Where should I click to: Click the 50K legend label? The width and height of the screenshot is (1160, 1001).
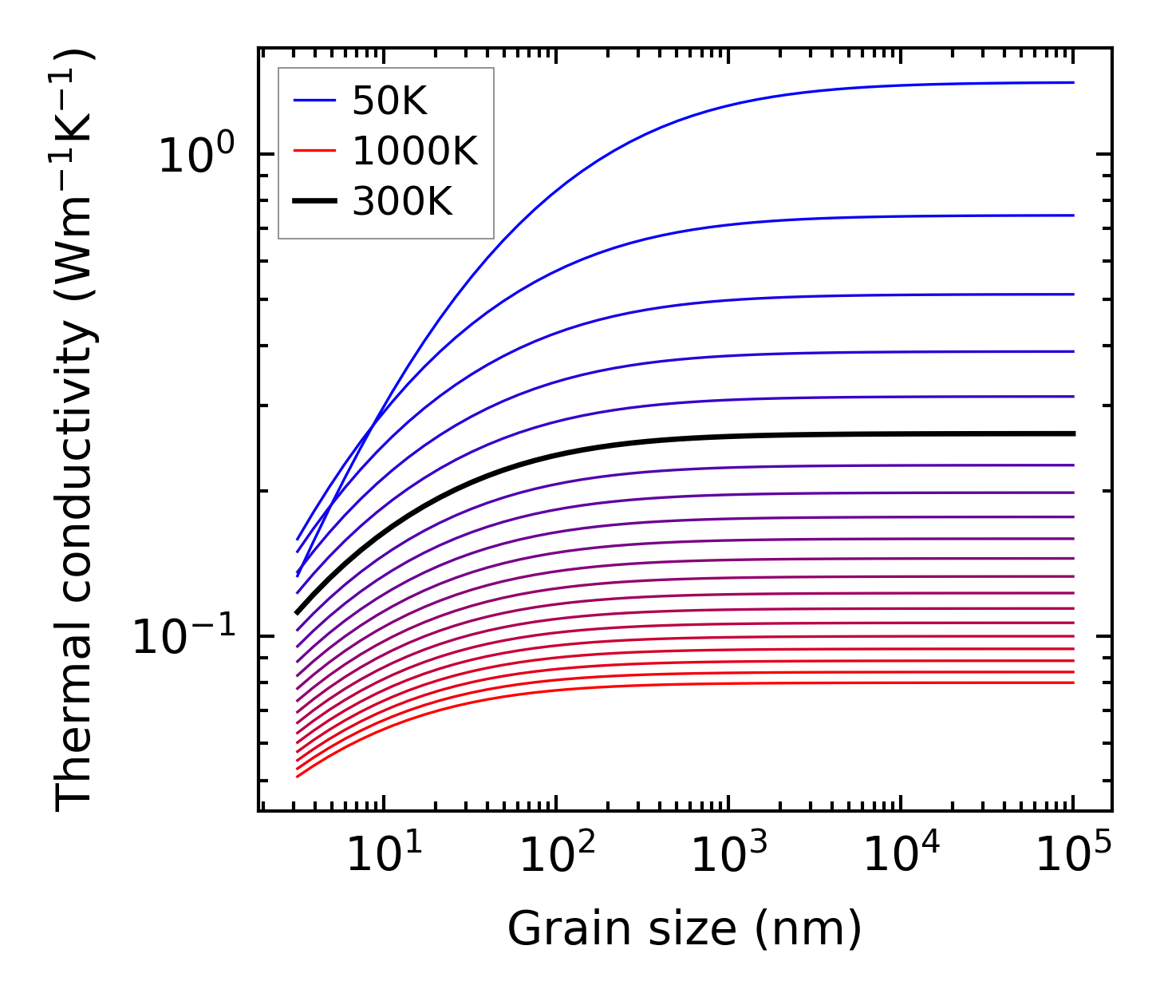pyautogui.click(x=389, y=101)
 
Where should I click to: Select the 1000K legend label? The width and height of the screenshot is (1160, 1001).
pyautogui.click(x=414, y=151)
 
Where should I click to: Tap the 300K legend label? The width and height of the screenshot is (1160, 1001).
pyautogui.click(x=401, y=202)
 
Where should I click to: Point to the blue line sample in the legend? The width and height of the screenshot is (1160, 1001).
pyautogui.click(x=315, y=101)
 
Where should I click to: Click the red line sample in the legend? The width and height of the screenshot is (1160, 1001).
pyautogui.click(x=315, y=152)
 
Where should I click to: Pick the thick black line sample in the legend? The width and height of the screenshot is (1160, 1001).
pyautogui.click(x=315, y=203)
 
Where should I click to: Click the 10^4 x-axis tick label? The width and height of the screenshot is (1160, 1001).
pyautogui.click(x=901, y=856)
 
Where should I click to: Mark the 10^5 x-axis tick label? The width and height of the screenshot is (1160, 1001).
pyautogui.click(x=1073, y=856)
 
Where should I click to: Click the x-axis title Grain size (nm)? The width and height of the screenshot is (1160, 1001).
pyautogui.click(x=685, y=930)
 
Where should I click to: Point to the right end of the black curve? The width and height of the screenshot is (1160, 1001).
pyautogui.click(x=1073, y=433)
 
